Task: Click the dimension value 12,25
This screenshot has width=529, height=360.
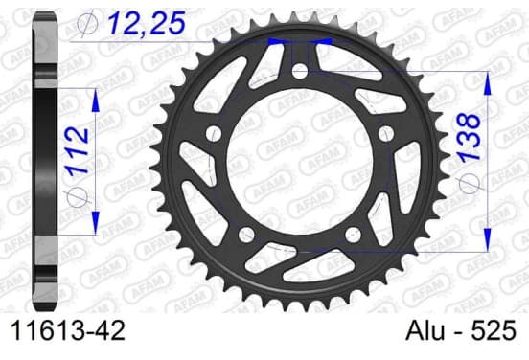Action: pyautogui.click(x=147, y=23)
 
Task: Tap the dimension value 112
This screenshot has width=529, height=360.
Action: pyautogui.click(x=78, y=150)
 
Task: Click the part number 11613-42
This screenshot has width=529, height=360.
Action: pyautogui.click(x=68, y=330)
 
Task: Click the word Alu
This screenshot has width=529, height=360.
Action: pyautogui.click(x=425, y=330)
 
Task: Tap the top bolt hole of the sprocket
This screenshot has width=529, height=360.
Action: pyautogui.click(x=300, y=71)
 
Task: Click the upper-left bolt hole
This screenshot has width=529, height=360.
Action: pyautogui.click(x=214, y=133)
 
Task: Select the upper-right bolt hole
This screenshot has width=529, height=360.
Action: pyautogui.click(x=385, y=133)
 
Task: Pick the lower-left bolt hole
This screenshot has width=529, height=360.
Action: pyautogui.click(x=246, y=235)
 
